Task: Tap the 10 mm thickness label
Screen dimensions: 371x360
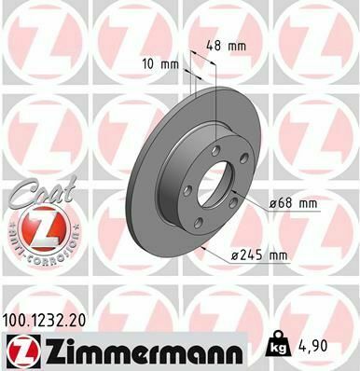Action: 156,65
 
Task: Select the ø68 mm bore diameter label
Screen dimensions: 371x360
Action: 294,201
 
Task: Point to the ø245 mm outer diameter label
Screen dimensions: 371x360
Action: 258,255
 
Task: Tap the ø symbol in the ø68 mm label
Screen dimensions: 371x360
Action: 272,201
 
